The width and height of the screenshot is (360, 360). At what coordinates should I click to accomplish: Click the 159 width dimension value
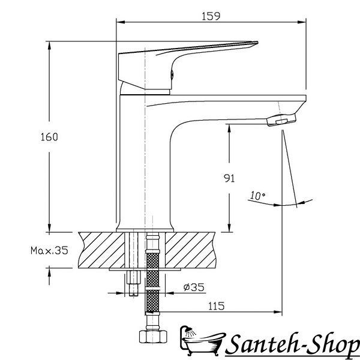[211, 16]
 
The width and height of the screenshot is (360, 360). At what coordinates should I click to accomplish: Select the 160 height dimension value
[49, 137]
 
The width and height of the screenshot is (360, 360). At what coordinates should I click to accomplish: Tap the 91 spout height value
[229, 178]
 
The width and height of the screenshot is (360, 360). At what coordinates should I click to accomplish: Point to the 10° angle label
[257, 196]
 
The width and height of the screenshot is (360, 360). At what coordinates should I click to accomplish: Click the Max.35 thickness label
[49, 250]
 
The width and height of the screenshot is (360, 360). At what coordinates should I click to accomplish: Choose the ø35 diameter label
[194, 287]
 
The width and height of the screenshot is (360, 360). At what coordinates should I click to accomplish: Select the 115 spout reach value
[216, 306]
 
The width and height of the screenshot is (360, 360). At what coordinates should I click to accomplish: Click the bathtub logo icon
[202, 340]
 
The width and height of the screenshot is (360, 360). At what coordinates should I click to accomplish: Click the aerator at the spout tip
[282, 120]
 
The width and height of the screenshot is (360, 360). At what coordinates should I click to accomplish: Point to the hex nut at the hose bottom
[154, 337]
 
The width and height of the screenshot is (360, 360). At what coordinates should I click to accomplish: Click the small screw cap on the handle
[172, 74]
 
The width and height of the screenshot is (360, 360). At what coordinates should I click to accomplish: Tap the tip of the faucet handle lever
[257, 42]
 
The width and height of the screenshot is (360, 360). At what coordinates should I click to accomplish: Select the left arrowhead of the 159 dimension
[121, 22]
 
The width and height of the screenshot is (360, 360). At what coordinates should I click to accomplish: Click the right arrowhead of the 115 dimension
[278, 312]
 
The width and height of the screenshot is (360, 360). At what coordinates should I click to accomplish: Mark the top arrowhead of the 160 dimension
[49, 46]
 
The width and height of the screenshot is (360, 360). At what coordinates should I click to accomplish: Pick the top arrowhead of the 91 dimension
[229, 128]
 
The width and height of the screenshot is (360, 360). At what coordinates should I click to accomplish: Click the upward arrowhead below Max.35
[49, 272]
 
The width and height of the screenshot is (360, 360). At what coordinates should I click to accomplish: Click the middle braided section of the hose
[152, 279]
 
